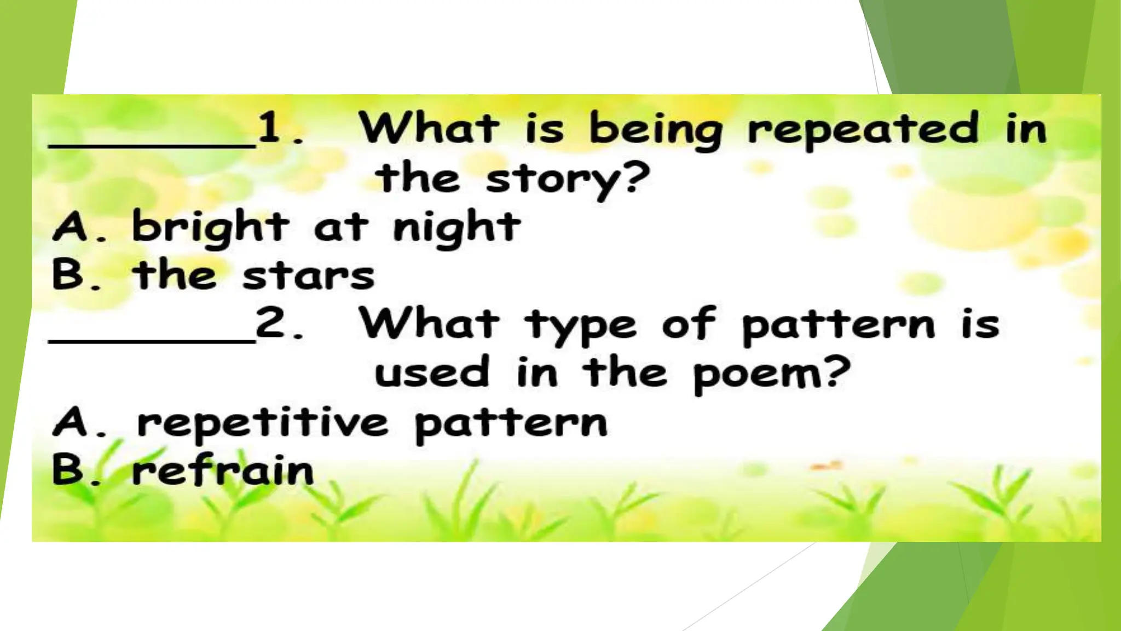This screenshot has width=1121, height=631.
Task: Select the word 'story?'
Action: [568, 179]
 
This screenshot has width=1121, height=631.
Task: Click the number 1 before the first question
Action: [269, 128]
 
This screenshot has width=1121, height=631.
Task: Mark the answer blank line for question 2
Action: [152, 341]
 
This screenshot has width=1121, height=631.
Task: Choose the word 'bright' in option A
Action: [210, 227]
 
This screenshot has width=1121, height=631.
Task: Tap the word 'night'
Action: [457, 227]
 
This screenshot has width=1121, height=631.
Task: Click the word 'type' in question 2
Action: [581, 325]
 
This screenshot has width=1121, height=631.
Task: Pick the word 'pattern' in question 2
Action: [839, 325]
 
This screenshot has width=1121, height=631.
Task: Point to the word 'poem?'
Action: [771, 374]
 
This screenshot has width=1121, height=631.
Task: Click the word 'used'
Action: [431, 372]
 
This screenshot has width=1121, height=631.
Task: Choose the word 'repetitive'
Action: [263, 425]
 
